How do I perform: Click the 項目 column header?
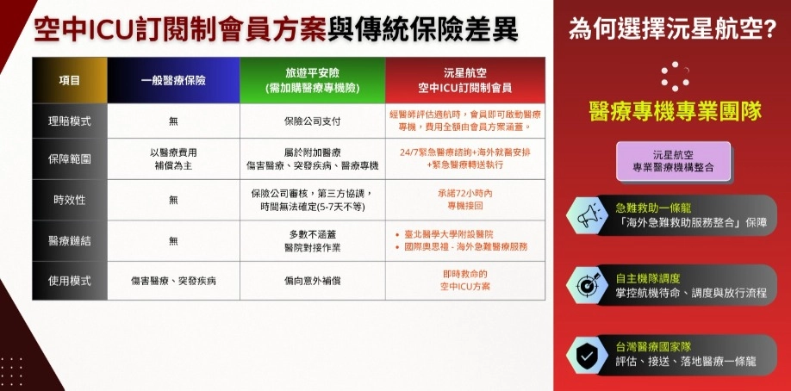(70, 81)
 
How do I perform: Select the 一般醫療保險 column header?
(173, 81)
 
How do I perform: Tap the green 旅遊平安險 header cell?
(313, 81)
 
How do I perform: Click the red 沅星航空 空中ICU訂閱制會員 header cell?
(465, 81)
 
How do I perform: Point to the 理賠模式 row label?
(70, 121)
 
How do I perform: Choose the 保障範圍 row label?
(70, 159)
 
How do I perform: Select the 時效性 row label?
(70, 200)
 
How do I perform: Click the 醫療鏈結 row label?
(70, 240)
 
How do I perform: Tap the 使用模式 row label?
(70, 281)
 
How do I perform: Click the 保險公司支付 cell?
(313, 121)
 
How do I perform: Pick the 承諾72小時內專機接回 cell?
(465, 200)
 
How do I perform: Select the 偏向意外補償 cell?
(313, 281)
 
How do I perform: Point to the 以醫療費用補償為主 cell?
(173, 159)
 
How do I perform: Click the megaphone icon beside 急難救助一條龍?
(586, 215)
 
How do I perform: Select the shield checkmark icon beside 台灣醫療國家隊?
(587, 355)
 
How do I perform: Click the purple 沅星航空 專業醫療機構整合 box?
(674, 161)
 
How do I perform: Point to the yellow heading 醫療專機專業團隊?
(676, 111)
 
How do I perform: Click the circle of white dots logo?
(675, 77)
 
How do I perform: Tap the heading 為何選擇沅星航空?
(672, 30)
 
